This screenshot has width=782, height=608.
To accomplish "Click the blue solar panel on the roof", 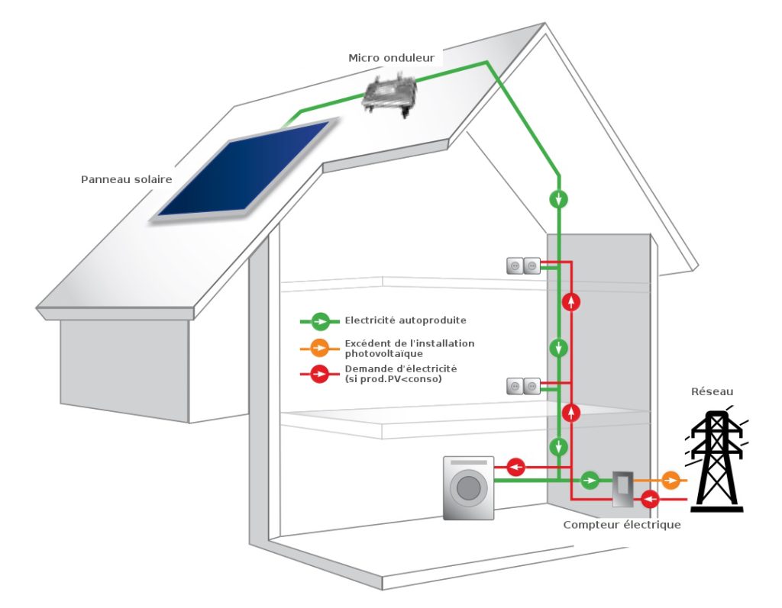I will pos(241,169).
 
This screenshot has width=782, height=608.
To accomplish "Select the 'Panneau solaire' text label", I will pos(126,179).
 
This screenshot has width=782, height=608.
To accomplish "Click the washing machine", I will pos(469,487).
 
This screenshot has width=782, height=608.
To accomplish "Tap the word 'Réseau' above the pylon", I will pos(712,391).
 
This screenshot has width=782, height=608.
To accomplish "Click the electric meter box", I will pos(623,488).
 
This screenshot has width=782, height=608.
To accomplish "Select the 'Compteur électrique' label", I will pos(621,525).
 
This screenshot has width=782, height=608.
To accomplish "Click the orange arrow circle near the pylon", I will pos(670,480).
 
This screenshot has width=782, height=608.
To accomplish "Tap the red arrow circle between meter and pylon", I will pos(651,500).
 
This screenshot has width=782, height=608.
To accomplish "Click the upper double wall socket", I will pos(523,265).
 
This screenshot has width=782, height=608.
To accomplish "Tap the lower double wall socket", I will pos(523,386).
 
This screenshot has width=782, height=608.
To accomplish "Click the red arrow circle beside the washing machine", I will pos(516,465).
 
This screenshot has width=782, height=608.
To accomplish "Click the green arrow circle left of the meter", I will pos(590,480).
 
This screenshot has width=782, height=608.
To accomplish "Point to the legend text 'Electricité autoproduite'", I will pos(405,320).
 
